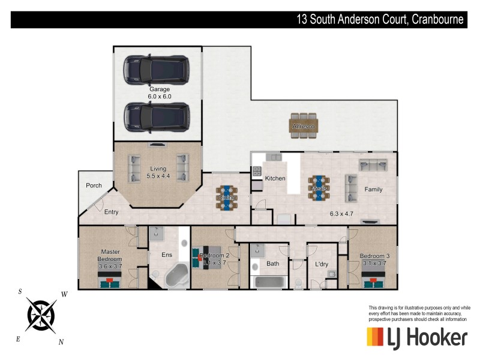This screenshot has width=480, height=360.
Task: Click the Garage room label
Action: pos(159,89)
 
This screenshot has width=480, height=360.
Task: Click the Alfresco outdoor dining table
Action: pos(304,126)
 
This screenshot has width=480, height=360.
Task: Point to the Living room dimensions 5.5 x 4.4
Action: pos(159,176)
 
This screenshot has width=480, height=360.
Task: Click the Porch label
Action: pos(94,185)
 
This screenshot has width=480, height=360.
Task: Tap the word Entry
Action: pos(111,212)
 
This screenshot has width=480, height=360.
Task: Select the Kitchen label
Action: pos(275,178)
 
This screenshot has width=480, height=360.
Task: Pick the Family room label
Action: pos(373,190)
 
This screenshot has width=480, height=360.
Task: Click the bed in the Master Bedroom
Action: pos(110,280)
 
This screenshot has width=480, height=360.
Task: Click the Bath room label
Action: pos(273,263)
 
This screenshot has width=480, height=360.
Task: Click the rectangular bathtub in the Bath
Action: pos(272,282)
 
